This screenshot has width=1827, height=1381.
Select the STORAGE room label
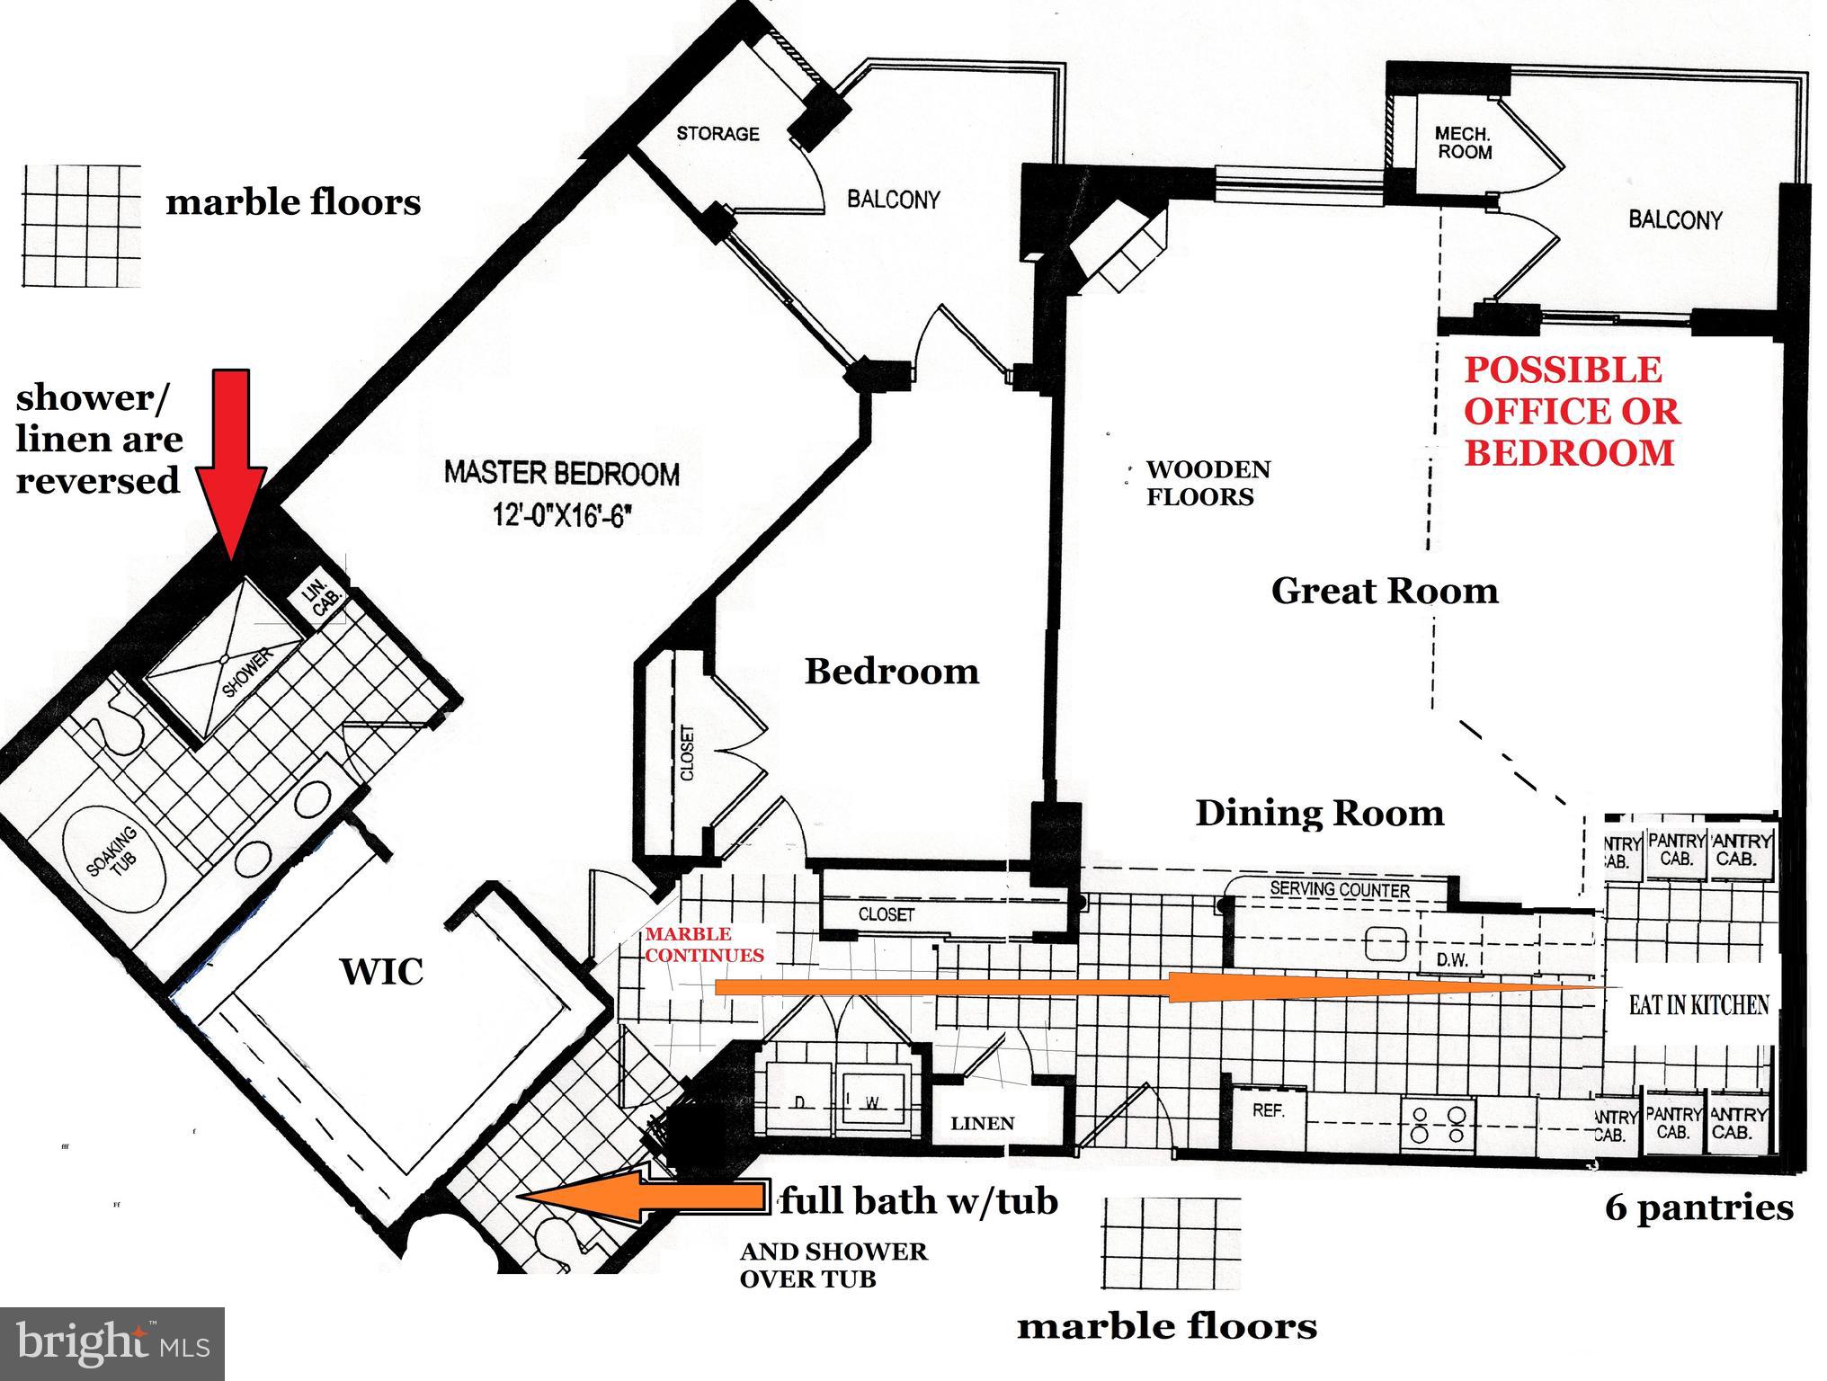click(x=717, y=134)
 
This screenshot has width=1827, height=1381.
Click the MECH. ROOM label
click(x=1464, y=143)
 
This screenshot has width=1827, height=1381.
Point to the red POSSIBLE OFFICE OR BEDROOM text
click(x=1571, y=411)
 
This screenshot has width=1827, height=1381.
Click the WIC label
click(x=381, y=972)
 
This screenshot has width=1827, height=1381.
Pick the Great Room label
click(x=1385, y=591)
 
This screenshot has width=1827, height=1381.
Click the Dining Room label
click(x=1319, y=813)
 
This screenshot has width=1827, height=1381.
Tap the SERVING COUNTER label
click(x=1340, y=889)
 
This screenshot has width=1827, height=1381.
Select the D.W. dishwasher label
click(x=1451, y=960)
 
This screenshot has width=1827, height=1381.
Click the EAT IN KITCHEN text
click(x=1698, y=1004)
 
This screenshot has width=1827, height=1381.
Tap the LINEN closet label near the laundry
click(x=983, y=1123)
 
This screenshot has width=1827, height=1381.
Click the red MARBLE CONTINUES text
click(x=703, y=945)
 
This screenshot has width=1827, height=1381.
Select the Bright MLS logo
click(x=112, y=1343)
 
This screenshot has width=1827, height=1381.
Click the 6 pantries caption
click(x=1698, y=1207)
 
